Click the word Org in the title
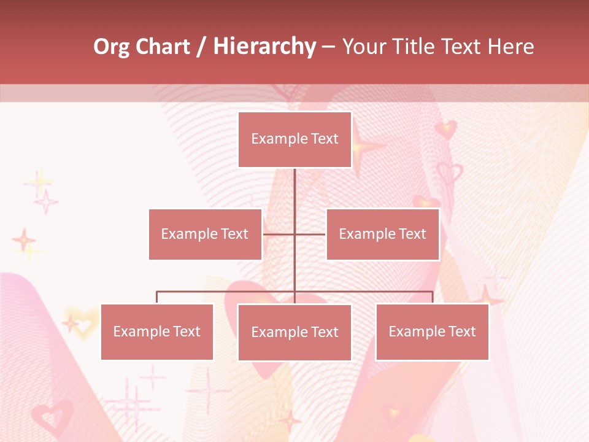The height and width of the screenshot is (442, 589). pyautogui.click(x=111, y=47)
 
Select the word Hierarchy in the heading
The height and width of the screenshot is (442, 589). pyautogui.click(x=264, y=47)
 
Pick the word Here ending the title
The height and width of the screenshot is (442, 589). pyautogui.click(x=509, y=47)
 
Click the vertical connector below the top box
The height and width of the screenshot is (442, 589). pyautogui.click(x=294, y=196)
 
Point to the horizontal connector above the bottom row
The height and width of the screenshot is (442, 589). pyautogui.click(x=227, y=292)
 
